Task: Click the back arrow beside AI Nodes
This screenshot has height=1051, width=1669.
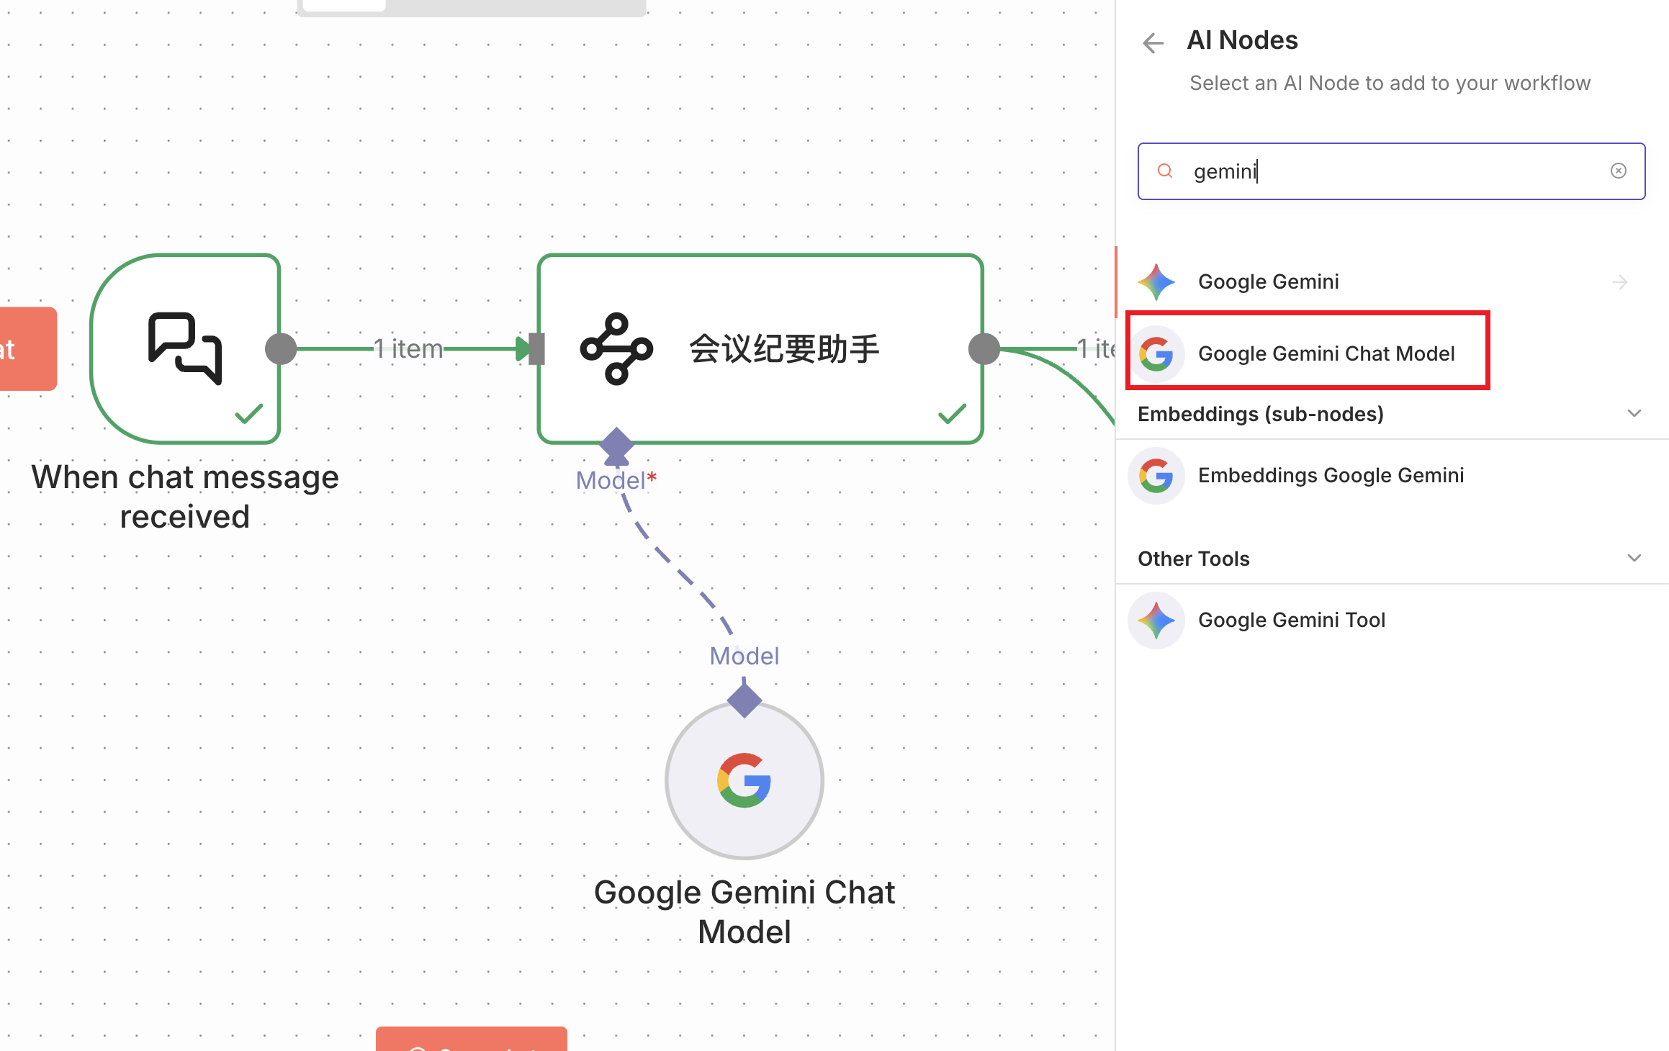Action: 1153,43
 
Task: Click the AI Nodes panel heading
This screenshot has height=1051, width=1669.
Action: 1242,40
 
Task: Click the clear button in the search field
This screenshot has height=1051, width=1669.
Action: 1618,171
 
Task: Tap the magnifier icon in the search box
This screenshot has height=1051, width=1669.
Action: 1164,171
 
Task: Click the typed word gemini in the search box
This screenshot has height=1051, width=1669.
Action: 1224,171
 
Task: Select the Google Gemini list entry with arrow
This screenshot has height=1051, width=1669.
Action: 1268,281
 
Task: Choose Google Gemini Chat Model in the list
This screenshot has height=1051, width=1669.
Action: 1326,353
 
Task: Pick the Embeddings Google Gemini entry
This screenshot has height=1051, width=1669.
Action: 1331,475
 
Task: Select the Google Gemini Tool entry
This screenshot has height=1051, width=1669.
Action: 1291,620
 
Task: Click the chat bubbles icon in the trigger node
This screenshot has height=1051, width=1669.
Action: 185,348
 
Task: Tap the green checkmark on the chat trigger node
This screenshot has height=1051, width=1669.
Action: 248,414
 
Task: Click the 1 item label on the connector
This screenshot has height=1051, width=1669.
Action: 408,349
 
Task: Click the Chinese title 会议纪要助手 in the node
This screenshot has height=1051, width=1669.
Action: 784,349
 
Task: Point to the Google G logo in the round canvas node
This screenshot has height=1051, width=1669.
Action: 744,780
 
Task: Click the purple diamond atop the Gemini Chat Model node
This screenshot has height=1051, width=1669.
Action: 744,700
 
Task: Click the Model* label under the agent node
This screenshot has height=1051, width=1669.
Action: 616,480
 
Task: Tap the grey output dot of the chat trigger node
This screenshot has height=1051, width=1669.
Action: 281,349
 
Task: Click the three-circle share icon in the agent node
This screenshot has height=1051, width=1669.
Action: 616,349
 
